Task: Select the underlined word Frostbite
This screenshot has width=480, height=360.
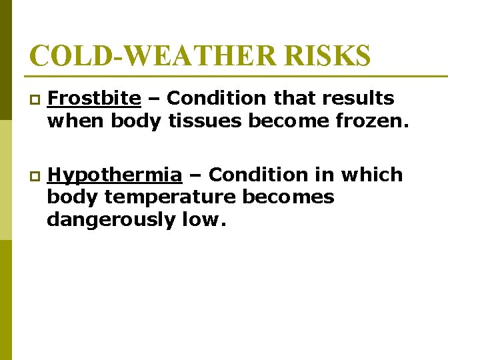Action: point(94,99)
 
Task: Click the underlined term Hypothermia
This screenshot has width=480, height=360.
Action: point(115,175)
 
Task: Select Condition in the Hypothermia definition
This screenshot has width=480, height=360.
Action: point(259,175)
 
